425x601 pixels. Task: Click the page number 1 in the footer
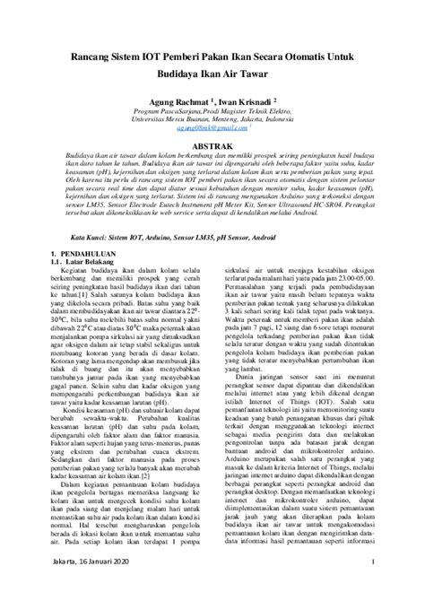371,584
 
